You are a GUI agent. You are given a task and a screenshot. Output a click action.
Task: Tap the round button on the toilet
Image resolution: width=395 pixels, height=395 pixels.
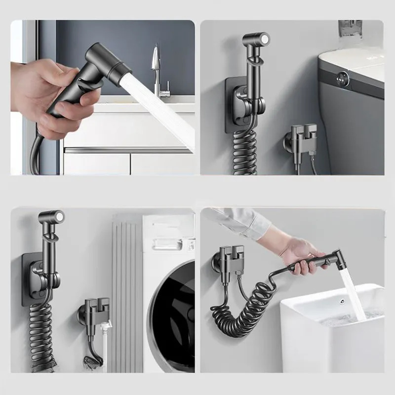[x=340, y=78]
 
